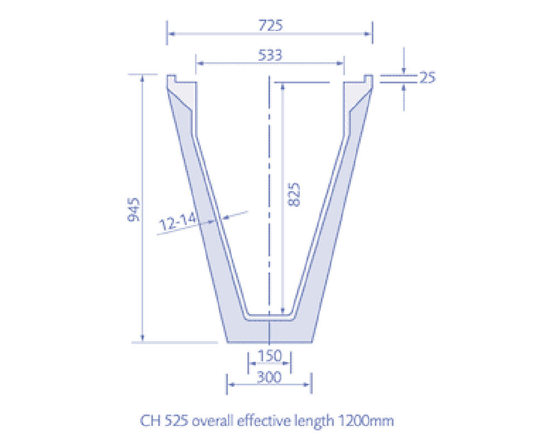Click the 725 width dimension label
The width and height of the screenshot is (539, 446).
point(270,26)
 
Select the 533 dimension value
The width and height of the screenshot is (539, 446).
point(270,55)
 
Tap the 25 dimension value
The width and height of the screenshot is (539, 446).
point(426,77)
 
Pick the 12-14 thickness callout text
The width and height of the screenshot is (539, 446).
point(178,222)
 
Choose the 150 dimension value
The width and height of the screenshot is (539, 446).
point(270,355)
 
